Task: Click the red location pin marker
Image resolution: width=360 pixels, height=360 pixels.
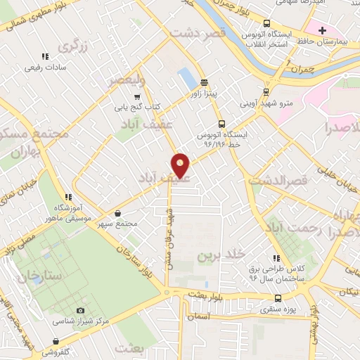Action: pyautogui.click(x=181, y=165)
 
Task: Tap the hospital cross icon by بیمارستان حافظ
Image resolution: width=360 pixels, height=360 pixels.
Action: pyautogui.click(x=322, y=30)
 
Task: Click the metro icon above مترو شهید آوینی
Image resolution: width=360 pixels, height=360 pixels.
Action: pyautogui.click(x=266, y=91)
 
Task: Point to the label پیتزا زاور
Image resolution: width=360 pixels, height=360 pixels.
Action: pyautogui.click(x=200, y=92)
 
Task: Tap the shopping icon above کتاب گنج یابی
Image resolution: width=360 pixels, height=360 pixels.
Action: pyautogui.click(x=136, y=97)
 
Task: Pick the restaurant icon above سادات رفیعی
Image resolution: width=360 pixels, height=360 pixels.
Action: pyautogui.click(x=45, y=56)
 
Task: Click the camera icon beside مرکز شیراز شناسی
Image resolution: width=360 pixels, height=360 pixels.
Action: pyautogui.click(x=80, y=310)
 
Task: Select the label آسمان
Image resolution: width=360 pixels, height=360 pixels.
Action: pyautogui.click(x=198, y=318)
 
